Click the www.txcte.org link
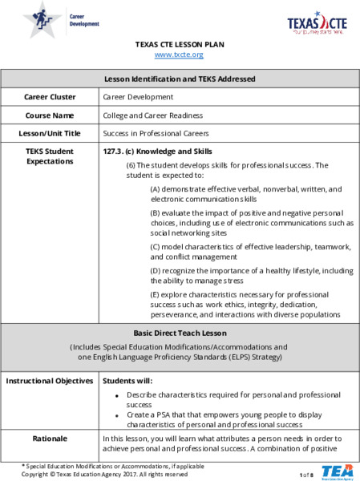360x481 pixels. [x=179, y=55]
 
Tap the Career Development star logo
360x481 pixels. [x=40, y=19]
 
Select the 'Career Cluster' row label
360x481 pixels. [x=50, y=97]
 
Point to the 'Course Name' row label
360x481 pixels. [x=50, y=115]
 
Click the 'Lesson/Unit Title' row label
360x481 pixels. [x=50, y=133]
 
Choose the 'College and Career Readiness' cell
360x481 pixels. [x=153, y=115]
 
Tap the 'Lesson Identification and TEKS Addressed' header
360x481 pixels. [x=180, y=79]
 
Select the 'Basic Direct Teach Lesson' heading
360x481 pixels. [x=180, y=333]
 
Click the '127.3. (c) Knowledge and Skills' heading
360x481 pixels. [x=158, y=151]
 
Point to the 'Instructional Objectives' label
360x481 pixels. [x=50, y=380]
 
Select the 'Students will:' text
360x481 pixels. [x=127, y=380]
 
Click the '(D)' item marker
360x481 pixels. [x=156, y=272]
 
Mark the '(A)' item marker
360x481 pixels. [x=156, y=189]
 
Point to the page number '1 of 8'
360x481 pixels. [x=305, y=475]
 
